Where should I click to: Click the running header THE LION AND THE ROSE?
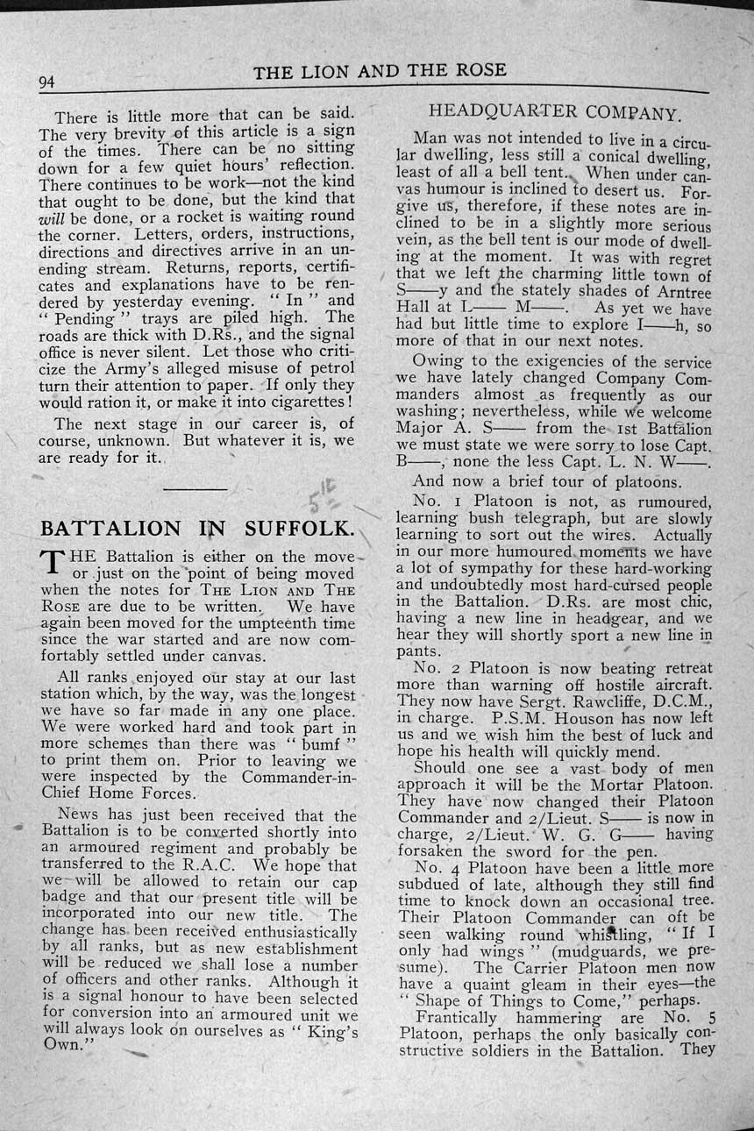click(x=380, y=72)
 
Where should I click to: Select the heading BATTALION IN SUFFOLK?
click(x=198, y=528)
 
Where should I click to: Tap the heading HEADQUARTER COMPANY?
click(x=554, y=113)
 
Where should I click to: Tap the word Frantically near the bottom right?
click(x=456, y=1018)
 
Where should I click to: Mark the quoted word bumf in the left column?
click(x=322, y=743)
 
